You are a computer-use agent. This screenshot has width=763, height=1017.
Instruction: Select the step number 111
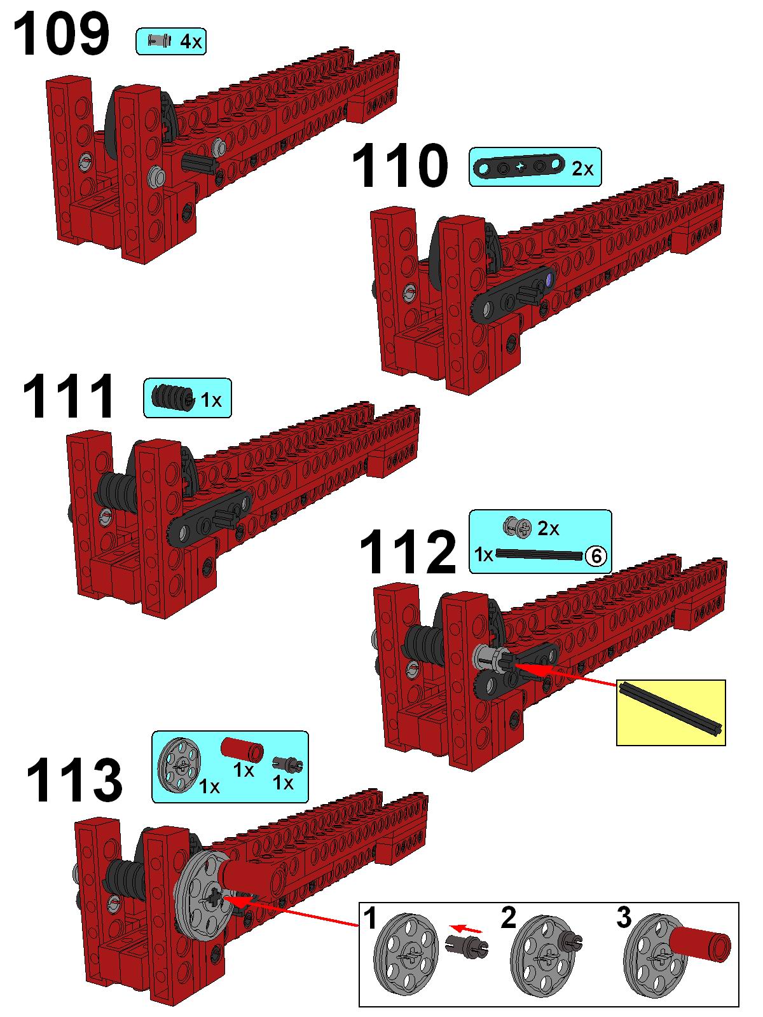(x=68, y=397)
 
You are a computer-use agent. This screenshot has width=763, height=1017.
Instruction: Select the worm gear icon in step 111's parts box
(x=172, y=398)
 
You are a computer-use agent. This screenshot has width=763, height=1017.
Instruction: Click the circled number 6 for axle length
(x=596, y=556)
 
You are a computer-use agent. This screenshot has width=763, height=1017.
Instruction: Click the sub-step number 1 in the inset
(x=369, y=918)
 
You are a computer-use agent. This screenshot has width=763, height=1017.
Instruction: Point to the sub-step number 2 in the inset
(x=508, y=918)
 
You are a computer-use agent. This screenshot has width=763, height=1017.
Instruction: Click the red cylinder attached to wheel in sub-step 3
(x=700, y=944)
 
